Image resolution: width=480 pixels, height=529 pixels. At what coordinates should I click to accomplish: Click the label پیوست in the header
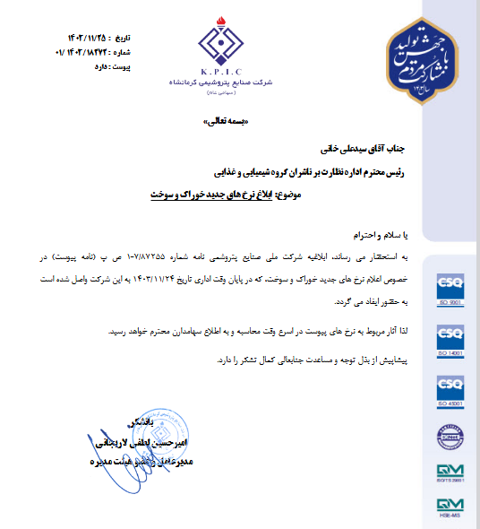118,65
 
